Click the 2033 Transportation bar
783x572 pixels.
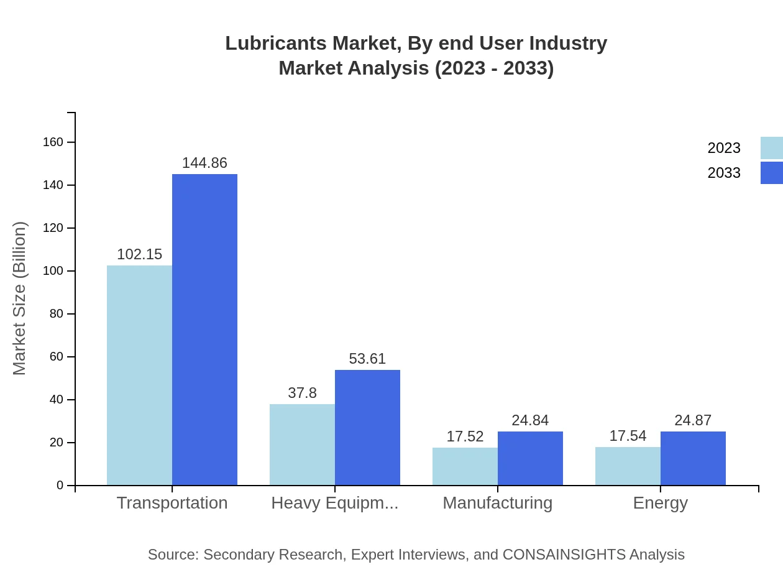(204, 330)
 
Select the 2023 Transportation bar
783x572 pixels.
(139, 376)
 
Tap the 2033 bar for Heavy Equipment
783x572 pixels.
(367, 428)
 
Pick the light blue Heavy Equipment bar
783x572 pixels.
(302, 445)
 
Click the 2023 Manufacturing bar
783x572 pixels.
(465, 466)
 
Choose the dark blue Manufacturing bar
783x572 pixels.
(530, 458)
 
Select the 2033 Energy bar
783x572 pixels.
(693, 458)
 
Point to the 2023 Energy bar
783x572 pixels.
(628, 466)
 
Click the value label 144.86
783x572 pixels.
(204, 163)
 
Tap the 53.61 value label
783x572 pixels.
(367, 359)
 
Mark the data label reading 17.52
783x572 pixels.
(465, 436)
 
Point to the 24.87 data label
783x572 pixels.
(693, 420)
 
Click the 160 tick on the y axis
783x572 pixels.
(53, 142)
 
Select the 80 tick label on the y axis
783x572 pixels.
(57, 314)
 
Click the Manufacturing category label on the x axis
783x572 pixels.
(497, 502)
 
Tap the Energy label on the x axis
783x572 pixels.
(660, 502)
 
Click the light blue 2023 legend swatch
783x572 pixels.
(771, 148)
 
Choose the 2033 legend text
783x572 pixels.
(724, 173)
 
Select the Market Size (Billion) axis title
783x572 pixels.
(20, 298)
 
